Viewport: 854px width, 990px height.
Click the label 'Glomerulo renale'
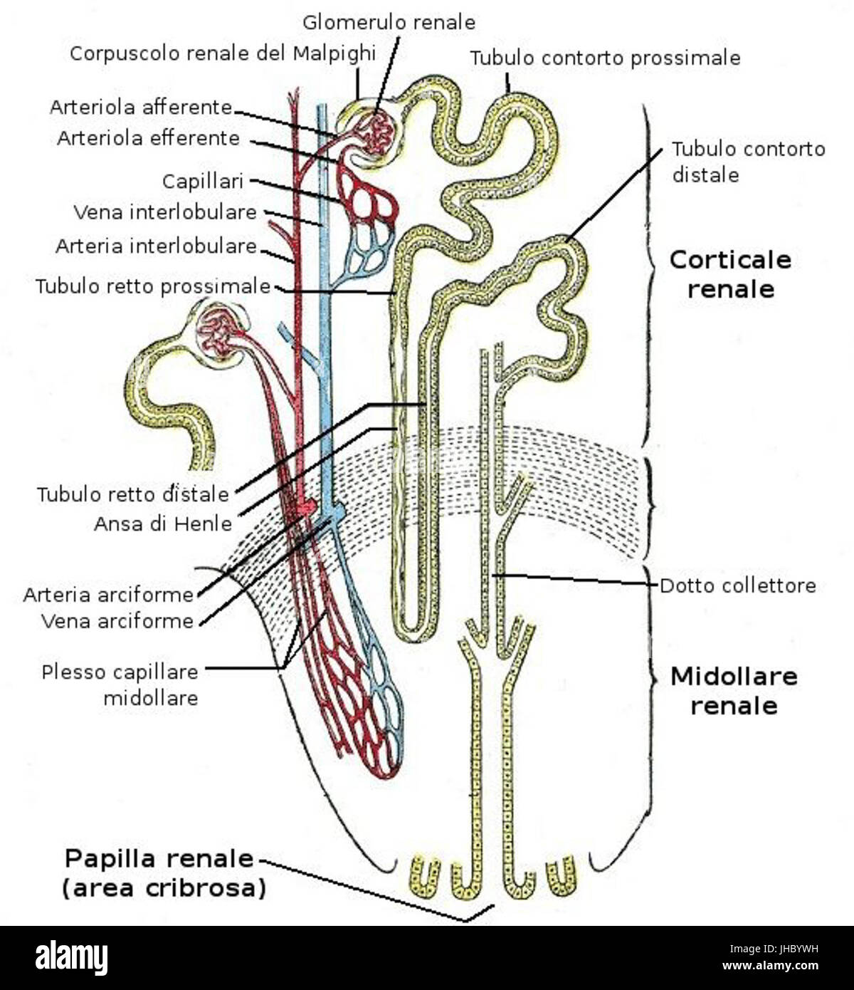click(x=389, y=22)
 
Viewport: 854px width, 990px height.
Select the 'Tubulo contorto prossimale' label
click(x=605, y=58)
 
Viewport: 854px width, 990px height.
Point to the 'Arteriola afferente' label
click(x=141, y=108)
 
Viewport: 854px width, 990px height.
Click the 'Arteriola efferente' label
click(x=148, y=137)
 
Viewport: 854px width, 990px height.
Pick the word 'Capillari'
click(x=203, y=181)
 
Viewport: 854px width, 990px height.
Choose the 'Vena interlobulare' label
click(x=165, y=212)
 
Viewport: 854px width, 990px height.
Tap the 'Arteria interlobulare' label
click(x=156, y=246)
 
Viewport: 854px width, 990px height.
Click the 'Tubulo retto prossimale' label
click(x=153, y=286)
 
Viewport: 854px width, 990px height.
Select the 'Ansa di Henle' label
click(x=163, y=523)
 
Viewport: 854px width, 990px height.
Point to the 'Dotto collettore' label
click(x=737, y=585)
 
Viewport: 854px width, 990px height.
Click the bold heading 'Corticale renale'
click(x=730, y=274)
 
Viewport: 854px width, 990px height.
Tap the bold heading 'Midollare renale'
click(x=734, y=691)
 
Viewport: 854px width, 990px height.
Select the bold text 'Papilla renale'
click(x=159, y=858)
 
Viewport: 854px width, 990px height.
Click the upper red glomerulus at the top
click(x=376, y=133)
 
